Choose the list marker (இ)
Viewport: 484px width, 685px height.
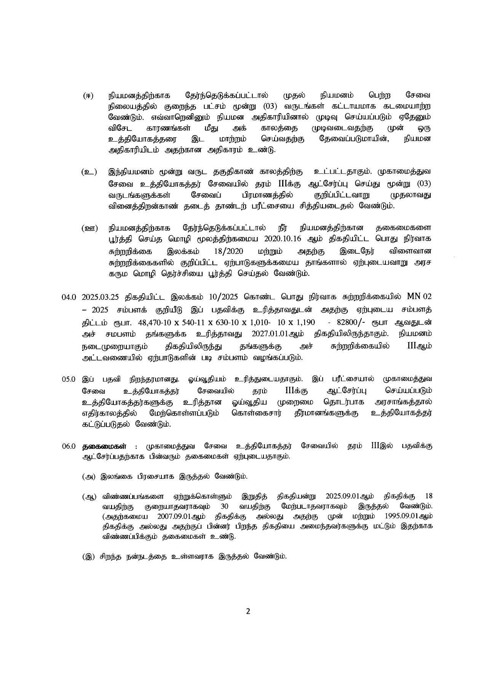(89, 556)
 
